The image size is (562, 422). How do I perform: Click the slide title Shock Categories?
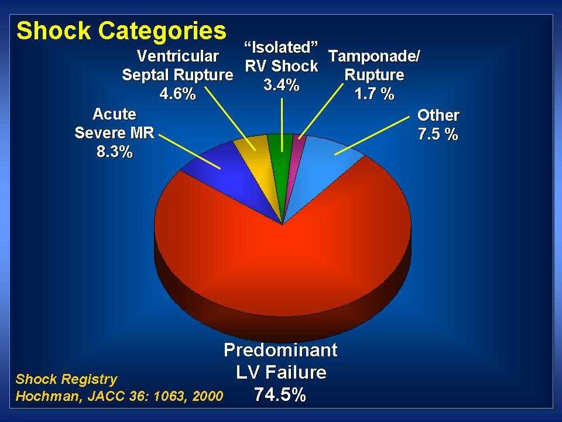click(x=121, y=31)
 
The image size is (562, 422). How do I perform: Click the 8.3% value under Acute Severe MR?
click(x=115, y=152)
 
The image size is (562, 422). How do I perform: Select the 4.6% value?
click(x=178, y=94)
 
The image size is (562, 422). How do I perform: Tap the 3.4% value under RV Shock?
click(x=282, y=85)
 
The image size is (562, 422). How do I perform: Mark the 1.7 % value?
click(x=375, y=94)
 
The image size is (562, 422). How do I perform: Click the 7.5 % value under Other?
click(x=438, y=134)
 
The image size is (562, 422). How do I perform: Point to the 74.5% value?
click(x=280, y=394)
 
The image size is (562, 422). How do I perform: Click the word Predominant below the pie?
click(x=280, y=350)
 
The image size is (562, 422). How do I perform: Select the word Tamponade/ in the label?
click(x=374, y=56)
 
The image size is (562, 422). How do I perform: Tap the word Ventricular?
click(x=178, y=56)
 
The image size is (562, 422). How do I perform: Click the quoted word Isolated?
click(x=282, y=47)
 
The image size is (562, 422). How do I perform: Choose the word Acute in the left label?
click(x=114, y=114)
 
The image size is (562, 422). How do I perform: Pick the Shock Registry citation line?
click(x=66, y=379)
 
